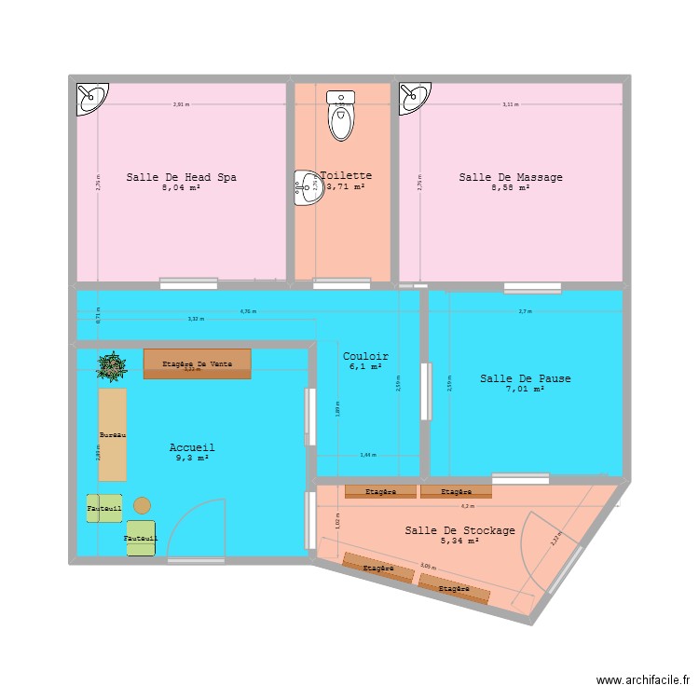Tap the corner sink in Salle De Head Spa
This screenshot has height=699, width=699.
coord(91,97)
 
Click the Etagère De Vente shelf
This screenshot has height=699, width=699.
coord(197,363)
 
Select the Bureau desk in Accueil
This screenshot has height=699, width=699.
coord(112,434)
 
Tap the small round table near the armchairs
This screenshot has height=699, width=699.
coord(142,505)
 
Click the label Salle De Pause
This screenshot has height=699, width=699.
coord(526,378)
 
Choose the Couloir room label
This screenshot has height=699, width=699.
coord(365,356)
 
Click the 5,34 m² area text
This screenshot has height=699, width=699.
coord(459,541)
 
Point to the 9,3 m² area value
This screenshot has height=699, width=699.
coord(192,459)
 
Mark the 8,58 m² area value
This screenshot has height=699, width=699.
coord(510,187)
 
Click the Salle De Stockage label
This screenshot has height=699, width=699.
coord(459,530)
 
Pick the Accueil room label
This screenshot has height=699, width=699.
coord(192,448)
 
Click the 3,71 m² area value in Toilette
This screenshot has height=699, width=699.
coord(345,186)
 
